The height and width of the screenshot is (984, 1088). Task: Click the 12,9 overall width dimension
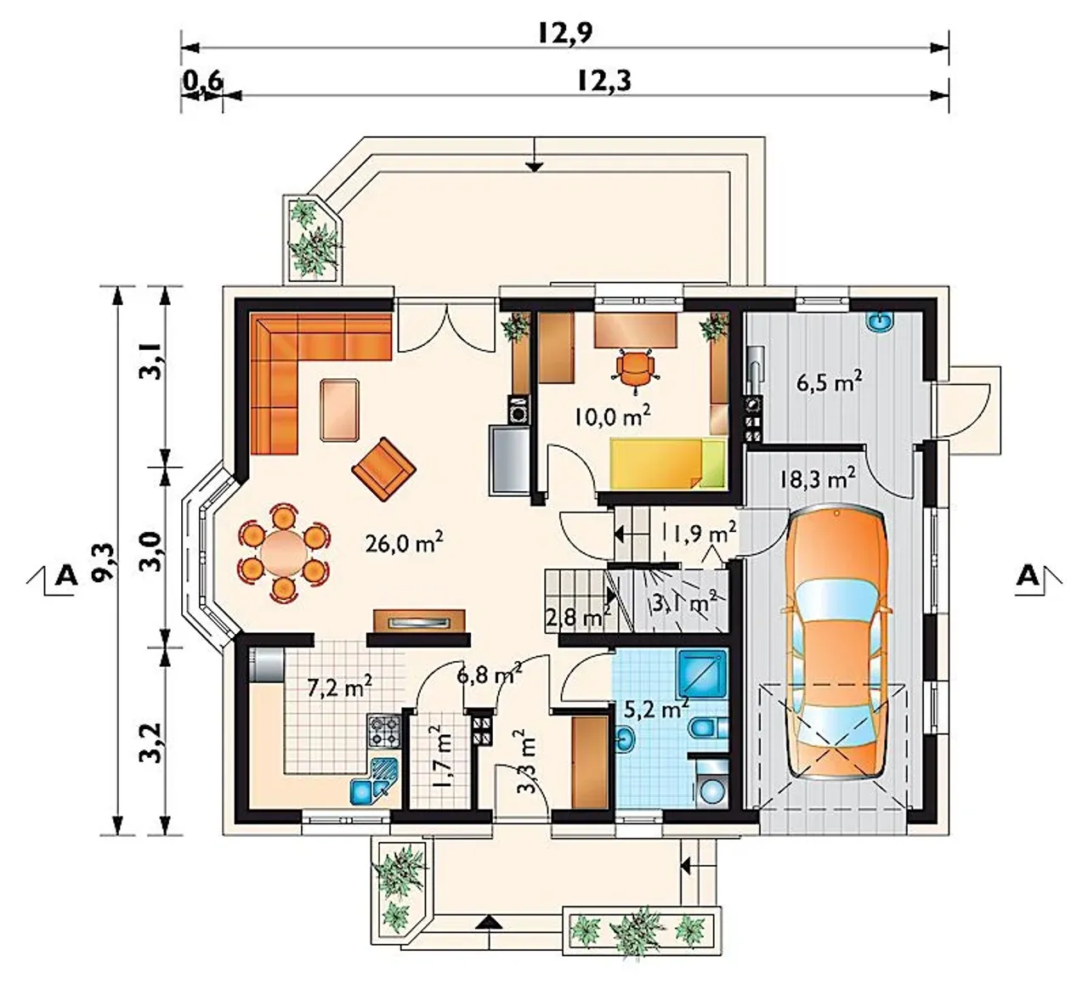tap(565, 33)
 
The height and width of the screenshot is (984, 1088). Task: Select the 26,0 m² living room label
tap(404, 543)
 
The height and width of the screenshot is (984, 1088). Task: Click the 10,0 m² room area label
tap(613, 416)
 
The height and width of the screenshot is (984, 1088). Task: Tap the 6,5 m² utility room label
tap(830, 382)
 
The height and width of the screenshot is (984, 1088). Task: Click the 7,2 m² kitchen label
tap(339, 687)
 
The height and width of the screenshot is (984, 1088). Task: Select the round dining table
tap(283, 551)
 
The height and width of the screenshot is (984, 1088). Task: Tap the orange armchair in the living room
tap(383, 469)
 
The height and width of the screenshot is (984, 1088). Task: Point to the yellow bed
tap(668, 464)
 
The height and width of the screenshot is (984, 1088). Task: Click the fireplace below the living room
tap(419, 621)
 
